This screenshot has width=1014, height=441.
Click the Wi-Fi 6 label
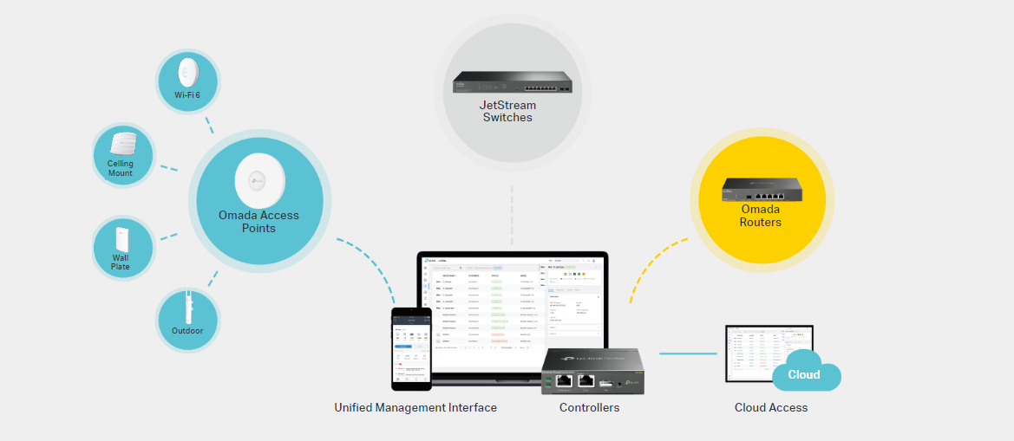187,94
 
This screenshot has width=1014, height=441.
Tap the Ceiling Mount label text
121,168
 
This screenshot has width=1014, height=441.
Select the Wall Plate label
121,262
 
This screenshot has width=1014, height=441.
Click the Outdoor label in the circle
187,331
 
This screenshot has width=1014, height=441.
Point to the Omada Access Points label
258,222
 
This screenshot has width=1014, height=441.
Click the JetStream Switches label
507,111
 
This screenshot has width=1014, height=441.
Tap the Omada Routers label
760,216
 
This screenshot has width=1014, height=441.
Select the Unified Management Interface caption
415,407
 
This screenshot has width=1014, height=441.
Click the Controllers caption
589,407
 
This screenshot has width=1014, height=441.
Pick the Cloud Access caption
771,407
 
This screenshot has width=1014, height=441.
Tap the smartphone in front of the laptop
411,347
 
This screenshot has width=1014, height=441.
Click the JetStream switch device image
512,82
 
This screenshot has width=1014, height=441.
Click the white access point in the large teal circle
259,179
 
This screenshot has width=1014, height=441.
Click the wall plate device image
121,237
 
